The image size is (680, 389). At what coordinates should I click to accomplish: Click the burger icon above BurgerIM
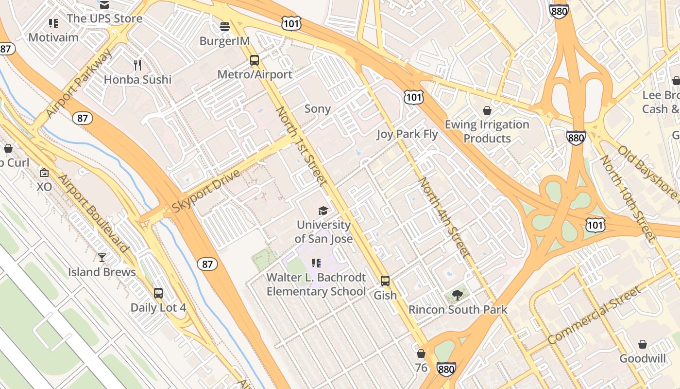pyautogui.click(x=224, y=26)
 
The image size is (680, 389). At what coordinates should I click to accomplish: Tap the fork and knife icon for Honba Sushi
pyautogui.click(x=138, y=65)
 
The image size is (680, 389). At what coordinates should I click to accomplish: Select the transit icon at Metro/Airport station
pyautogui.click(x=255, y=60)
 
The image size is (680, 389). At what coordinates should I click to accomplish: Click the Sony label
pyautogui.click(x=317, y=109)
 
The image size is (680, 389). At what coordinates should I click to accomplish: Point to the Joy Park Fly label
pyautogui.click(x=407, y=134)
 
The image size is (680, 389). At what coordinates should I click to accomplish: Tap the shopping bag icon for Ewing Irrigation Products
pyautogui.click(x=487, y=110)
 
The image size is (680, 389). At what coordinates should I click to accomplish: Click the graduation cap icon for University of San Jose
pyautogui.click(x=323, y=211)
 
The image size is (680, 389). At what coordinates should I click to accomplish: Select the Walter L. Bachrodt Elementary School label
pyautogui.click(x=316, y=284)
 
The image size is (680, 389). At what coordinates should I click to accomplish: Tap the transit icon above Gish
pyautogui.click(x=385, y=281)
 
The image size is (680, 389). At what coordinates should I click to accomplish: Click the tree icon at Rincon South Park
pyautogui.click(x=457, y=295)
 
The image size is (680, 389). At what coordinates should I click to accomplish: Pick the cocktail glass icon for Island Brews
pyautogui.click(x=102, y=257)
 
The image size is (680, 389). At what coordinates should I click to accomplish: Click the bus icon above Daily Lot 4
pyautogui.click(x=158, y=293)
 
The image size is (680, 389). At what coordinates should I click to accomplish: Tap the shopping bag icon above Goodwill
pyautogui.click(x=643, y=344)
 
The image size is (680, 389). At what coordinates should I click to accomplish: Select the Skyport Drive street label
pyautogui.click(x=206, y=191)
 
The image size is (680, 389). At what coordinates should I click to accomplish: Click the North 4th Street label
pyautogui.click(x=444, y=217)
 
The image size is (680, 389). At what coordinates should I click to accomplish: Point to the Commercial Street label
pyautogui.click(x=594, y=316)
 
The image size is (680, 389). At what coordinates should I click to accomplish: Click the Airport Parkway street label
pyautogui.click(x=78, y=83)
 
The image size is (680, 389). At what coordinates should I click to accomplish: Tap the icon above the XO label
pyautogui.click(x=44, y=173)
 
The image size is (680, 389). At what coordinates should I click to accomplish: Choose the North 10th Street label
pyautogui.click(x=628, y=198)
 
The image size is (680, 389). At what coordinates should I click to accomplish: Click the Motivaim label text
pyautogui.click(x=53, y=37)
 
